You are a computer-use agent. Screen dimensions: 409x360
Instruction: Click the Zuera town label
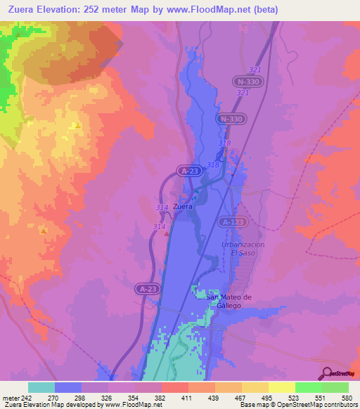(x=183, y=207)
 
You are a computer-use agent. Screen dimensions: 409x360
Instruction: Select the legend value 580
(x=347, y=397)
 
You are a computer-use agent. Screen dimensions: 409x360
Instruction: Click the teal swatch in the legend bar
(x=41, y=387)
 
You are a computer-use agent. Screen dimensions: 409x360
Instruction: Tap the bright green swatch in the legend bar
(x=308, y=387)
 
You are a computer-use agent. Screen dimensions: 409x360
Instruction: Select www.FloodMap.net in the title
(x=214, y=10)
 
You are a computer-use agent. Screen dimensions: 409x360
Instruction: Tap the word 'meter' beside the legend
(x=9, y=397)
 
